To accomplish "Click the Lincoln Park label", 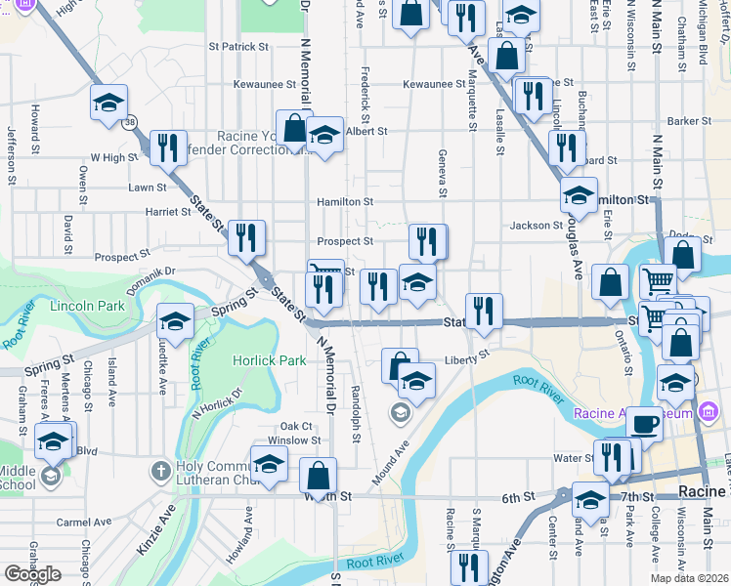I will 86,306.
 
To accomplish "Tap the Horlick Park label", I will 269,360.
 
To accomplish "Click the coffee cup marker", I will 644,424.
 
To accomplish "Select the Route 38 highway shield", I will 130,122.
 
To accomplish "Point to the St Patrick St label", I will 238,46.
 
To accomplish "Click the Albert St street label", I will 366,131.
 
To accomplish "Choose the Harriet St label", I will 168,211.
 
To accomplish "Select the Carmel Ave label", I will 81,523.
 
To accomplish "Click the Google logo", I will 32,574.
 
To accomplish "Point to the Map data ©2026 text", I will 689,578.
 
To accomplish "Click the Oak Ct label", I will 295,426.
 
